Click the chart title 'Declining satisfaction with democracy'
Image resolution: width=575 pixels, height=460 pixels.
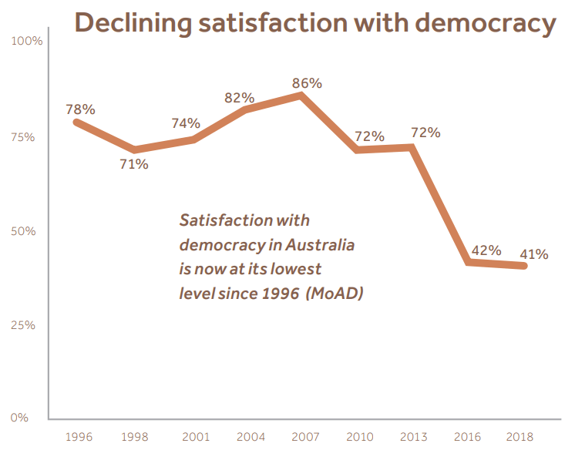click(315, 23)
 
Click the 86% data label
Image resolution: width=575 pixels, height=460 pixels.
click(307, 83)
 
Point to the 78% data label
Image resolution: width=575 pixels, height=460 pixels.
click(80, 109)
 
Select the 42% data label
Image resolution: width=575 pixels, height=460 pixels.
click(486, 250)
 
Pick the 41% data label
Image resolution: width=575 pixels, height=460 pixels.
click(533, 254)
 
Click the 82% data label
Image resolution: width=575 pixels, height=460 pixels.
click(239, 98)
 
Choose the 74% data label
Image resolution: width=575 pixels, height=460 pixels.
click(186, 123)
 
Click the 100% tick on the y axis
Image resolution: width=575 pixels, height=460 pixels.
click(29, 40)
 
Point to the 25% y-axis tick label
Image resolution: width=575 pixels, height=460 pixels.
click(23, 325)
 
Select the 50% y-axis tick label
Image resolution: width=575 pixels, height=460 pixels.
click(23, 231)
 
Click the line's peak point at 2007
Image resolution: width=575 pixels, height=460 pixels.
click(301, 95)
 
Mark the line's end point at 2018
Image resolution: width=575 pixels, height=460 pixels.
click(525, 266)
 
